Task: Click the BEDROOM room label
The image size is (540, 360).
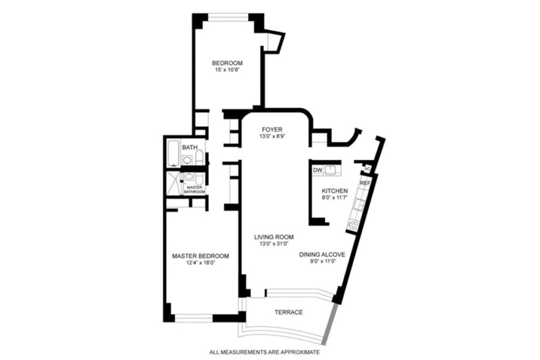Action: pos(227,63)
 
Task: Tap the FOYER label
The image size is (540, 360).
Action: pos(272,130)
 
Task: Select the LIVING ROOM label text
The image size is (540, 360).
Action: pos(274,237)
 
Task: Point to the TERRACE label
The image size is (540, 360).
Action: pos(288,312)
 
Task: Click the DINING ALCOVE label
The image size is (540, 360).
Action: pos(322,255)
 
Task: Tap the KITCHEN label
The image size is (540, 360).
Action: pos(334,191)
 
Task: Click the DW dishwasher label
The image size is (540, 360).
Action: pos(317,170)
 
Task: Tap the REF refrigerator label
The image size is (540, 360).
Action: pos(365,183)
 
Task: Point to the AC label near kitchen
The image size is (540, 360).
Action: pos(367,169)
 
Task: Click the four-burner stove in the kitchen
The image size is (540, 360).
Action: pos(353,226)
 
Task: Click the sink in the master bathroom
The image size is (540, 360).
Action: pos(189,177)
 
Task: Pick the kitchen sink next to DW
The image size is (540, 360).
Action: pos(330,170)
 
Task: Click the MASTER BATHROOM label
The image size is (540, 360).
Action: pos(195,190)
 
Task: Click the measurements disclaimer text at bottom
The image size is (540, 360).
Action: pos(265,352)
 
